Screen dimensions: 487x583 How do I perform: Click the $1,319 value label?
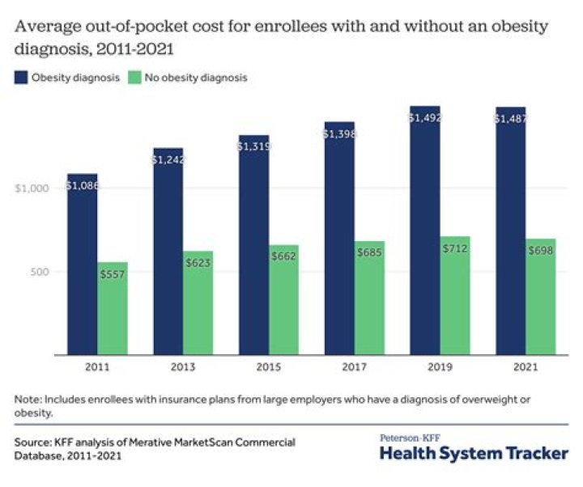253,146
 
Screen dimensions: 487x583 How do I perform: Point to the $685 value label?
369,253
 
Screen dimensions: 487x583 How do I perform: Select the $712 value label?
455,248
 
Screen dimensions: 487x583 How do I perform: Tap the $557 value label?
113,275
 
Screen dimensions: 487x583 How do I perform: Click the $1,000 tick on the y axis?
32,188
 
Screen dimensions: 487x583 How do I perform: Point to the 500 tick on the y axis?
36,271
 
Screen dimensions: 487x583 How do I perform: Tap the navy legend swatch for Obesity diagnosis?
20,78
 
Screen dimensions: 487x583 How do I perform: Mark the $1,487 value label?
510,119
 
